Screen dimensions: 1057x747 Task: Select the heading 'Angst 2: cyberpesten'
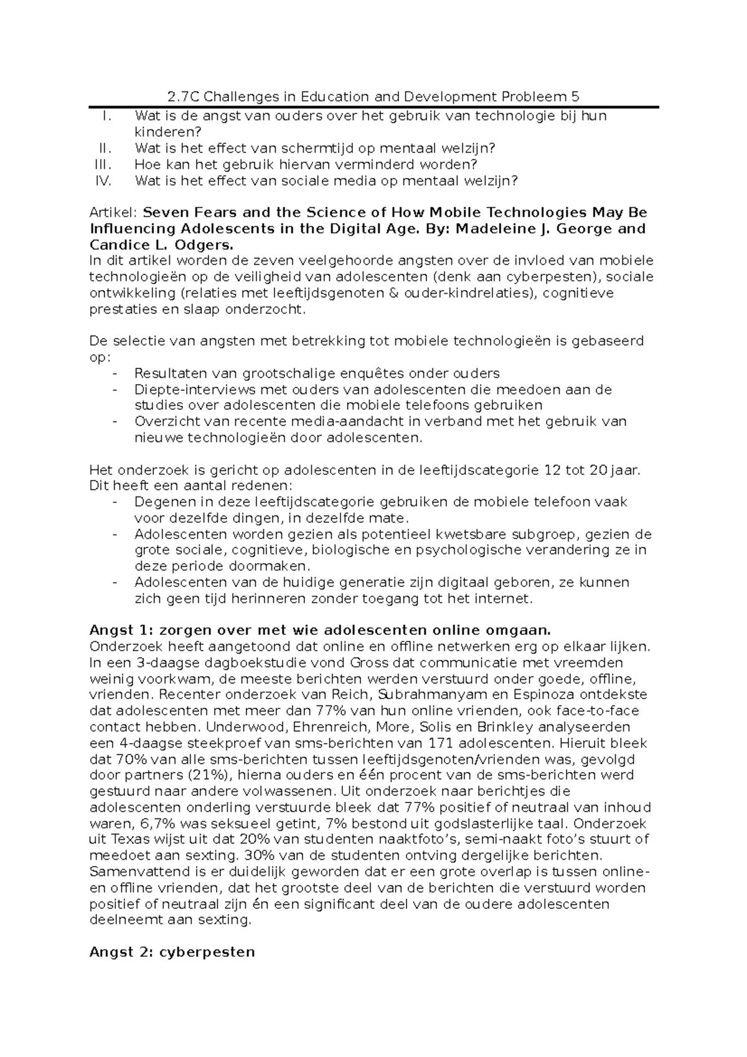coord(172,952)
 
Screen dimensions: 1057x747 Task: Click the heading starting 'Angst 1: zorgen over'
coord(321,631)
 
